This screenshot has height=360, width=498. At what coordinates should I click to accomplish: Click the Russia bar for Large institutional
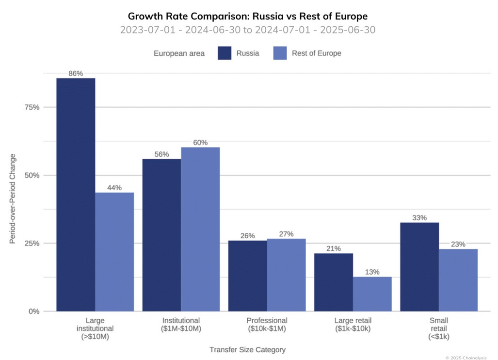pyautogui.click(x=76, y=194)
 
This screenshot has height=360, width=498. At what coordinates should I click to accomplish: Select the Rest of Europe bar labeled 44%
pyautogui.click(x=114, y=251)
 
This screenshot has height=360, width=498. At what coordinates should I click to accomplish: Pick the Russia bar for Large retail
pyautogui.click(x=333, y=282)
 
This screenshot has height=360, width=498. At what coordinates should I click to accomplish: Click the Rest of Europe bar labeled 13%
pyautogui.click(x=372, y=294)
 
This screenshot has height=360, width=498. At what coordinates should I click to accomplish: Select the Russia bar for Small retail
pyautogui.click(x=419, y=266)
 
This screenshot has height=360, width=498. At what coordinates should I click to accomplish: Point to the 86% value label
pyautogui.click(x=76, y=74)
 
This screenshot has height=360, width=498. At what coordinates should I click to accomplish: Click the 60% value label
pyautogui.click(x=200, y=143)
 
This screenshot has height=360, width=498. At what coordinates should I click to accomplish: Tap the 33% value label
pyautogui.click(x=419, y=218)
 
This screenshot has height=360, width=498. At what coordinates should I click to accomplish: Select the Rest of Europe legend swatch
pyautogui.click(x=280, y=53)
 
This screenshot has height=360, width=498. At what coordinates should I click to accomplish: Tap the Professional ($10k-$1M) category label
pyautogui.click(x=267, y=325)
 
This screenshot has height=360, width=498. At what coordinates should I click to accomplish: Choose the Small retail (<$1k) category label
pyautogui.click(x=439, y=328)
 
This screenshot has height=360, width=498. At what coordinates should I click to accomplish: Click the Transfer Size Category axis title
pyautogui.click(x=247, y=349)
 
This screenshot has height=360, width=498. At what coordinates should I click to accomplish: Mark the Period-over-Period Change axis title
pyautogui.click(x=13, y=198)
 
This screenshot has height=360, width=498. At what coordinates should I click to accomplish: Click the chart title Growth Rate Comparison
pyautogui.click(x=248, y=16)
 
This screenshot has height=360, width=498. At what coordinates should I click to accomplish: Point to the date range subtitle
pyautogui.click(x=248, y=30)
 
